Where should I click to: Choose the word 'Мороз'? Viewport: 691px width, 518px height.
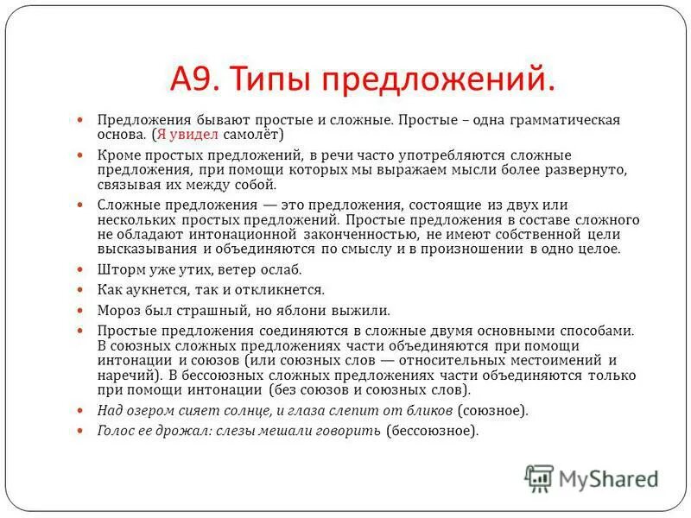[118, 310]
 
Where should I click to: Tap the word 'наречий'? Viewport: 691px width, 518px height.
[124, 376]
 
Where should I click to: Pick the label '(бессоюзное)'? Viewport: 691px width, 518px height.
[431, 430]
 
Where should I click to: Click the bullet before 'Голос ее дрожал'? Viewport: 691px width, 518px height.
[79, 430]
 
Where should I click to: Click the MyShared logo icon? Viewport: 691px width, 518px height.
[539, 477]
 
